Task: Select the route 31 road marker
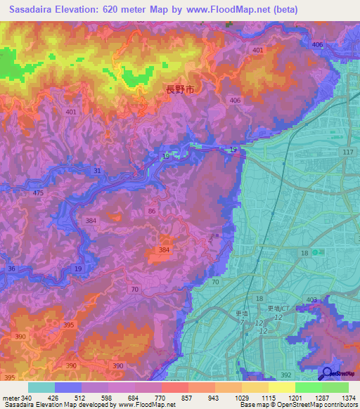97,171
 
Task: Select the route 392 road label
285,376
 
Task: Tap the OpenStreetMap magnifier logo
326,375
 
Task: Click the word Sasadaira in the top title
35,10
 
